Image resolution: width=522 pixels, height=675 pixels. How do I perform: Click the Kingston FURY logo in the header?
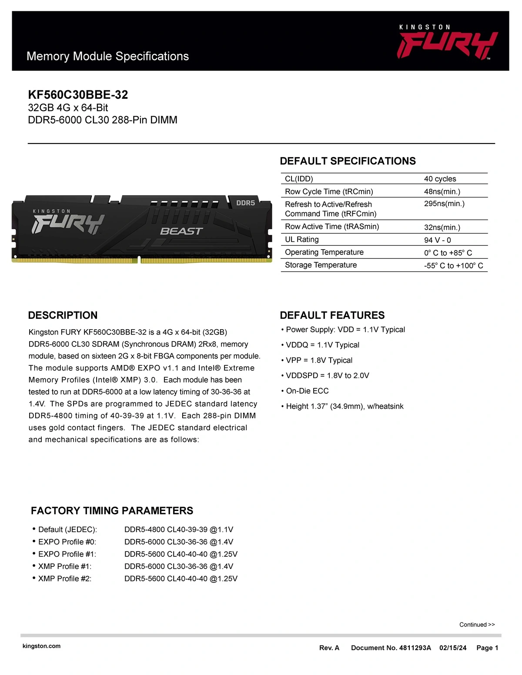click(x=447, y=43)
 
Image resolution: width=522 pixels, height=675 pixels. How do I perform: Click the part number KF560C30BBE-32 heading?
click(x=78, y=95)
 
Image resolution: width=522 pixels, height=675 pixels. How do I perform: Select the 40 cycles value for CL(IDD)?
click(x=440, y=179)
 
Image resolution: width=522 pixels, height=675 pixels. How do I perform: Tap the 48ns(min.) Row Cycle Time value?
click(x=442, y=191)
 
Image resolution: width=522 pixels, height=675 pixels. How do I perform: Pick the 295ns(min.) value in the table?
click(x=444, y=204)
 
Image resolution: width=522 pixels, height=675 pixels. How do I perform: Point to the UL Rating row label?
click(x=301, y=240)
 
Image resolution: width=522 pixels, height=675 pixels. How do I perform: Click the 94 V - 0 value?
click(x=437, y=240)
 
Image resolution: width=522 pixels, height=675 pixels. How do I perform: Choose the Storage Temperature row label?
click(x=321, y=265)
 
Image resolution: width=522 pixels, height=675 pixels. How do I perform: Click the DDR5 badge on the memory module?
click(x=245, y=203)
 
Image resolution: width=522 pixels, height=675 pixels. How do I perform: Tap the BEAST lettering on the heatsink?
click(x=181, y=231)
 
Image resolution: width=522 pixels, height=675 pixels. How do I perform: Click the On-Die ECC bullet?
click(x=307, y=391)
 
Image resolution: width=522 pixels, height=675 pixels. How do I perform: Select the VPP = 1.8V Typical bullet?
click(x=319, y=360)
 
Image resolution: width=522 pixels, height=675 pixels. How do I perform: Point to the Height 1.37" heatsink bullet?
click(x=345, y=406)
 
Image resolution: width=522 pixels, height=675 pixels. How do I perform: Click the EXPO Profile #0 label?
click(x=67, y=542)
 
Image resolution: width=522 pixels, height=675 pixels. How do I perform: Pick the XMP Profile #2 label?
click(x=65, y=578)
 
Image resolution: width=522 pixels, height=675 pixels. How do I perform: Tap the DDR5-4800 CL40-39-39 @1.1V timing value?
click(x=179, y=529)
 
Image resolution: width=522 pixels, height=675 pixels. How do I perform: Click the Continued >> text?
click(x=477, y=625)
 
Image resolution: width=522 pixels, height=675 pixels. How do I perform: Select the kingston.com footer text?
click(x=41, y=646)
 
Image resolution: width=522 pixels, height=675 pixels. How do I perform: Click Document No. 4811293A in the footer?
click(x=391, y=648)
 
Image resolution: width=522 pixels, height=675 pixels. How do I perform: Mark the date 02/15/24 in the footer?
click(x=452, y=648)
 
